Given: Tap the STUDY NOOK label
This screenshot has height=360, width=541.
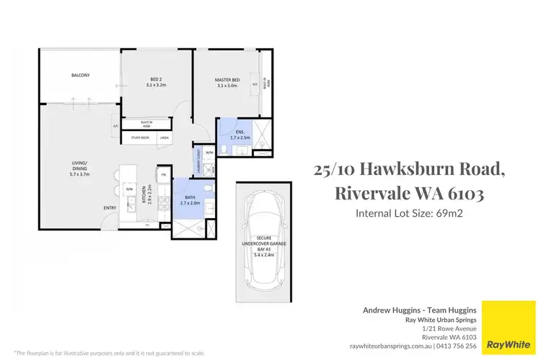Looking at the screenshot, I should (139, 138).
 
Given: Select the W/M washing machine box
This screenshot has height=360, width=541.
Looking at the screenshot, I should (209, 153).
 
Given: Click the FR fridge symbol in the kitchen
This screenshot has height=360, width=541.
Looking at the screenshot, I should (164, 175).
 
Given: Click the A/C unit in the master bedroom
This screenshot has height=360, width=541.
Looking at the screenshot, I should (255, 84).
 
